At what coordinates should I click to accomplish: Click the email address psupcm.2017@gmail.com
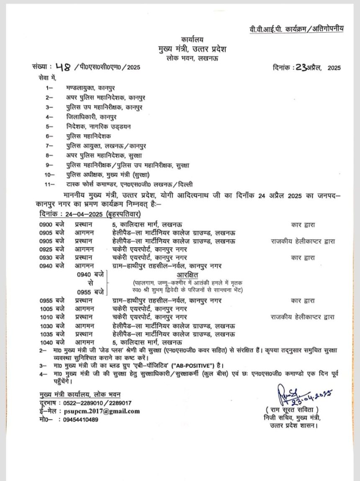point(102,411)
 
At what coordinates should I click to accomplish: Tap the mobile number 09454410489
point(81,419)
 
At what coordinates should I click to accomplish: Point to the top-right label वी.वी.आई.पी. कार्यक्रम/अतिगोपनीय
point(295,28)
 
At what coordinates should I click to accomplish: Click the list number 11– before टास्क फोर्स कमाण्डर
point(50,184)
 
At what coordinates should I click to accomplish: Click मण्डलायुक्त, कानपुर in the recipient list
point(90,88)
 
